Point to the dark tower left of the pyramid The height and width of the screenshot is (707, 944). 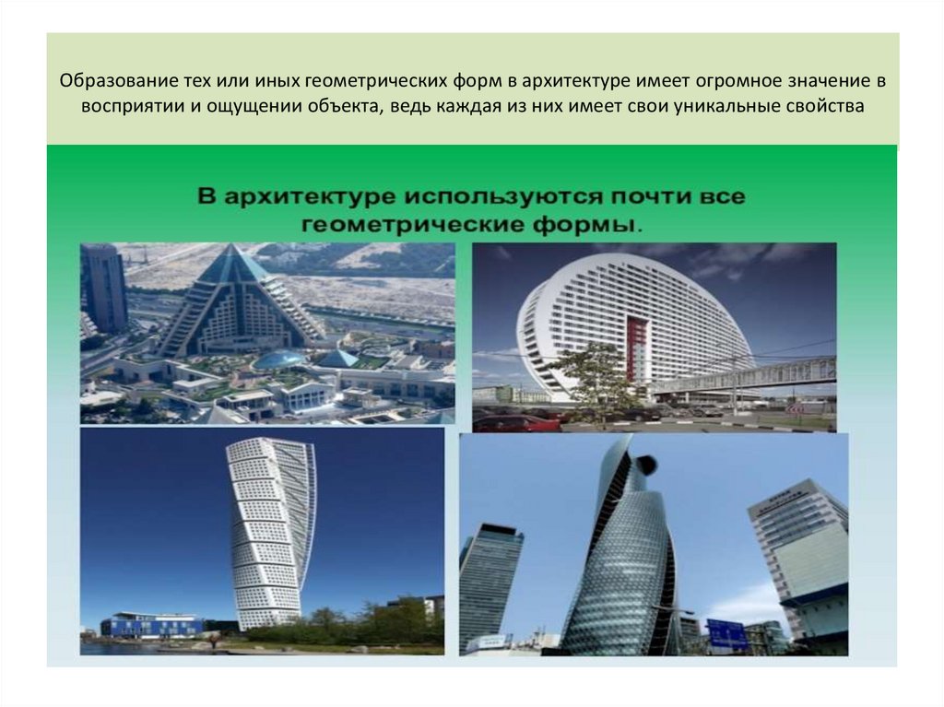[104, 288]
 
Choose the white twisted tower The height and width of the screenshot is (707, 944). [268, 535]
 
